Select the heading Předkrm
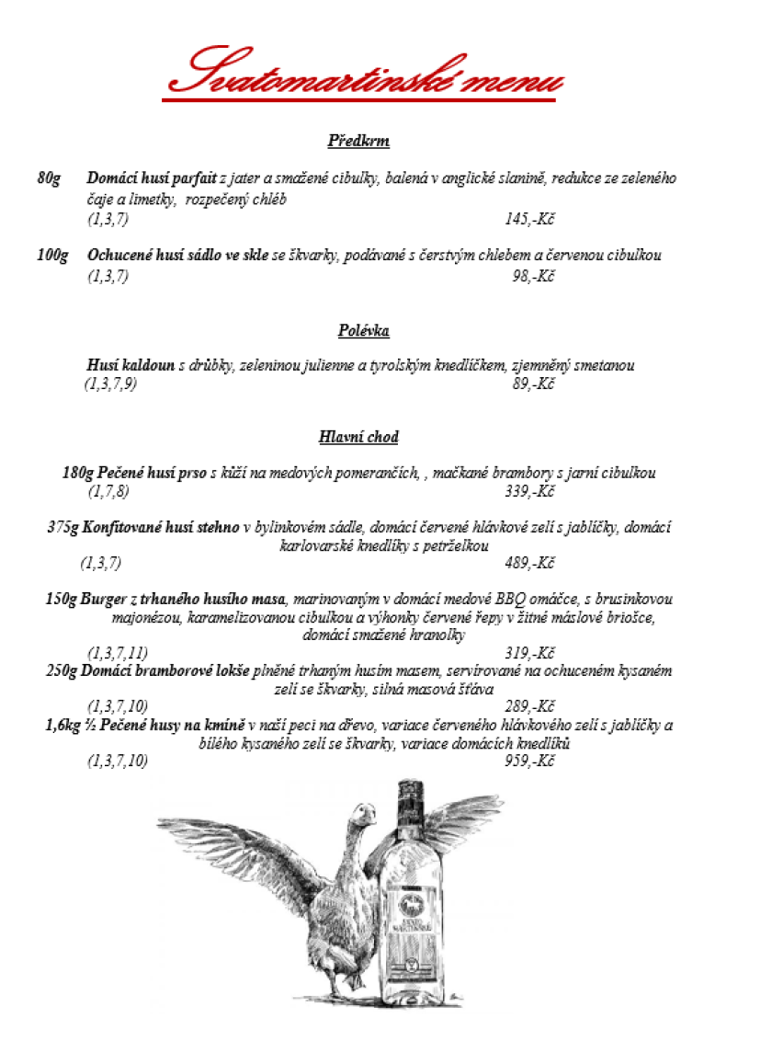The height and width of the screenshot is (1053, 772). [x=358, y=141]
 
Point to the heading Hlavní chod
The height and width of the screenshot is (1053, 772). [x=358, y=437]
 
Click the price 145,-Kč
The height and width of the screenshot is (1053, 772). [x=529, y=219]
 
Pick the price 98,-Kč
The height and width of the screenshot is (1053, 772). [x=533, y=276]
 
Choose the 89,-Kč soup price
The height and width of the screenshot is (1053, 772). [x=533, y=383]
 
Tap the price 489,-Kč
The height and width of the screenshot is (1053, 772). [x=529, y=563]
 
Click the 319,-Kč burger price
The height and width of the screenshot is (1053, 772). [x=529, y=653]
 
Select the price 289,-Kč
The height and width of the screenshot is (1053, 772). [x=529, y=706]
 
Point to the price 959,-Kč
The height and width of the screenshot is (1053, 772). [x=529, y=761]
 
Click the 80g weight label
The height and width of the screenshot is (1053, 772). [x=49, y=177]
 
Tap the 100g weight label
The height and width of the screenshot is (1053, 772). [x=52, y=255]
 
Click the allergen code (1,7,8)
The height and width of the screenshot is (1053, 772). [x=108, y=492]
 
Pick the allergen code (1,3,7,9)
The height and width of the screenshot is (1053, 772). [x=110, y=383]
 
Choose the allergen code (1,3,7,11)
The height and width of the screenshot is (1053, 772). [x=118, y=653]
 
